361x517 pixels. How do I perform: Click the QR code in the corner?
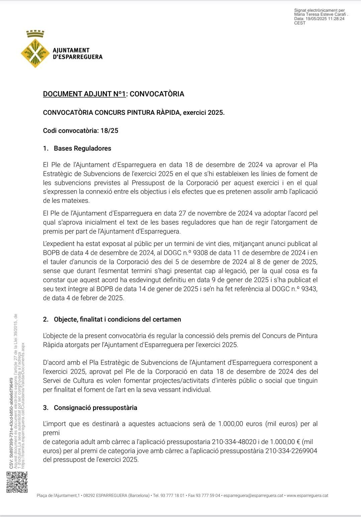coord(17,482)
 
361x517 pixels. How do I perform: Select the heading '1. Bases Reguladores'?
coord(77,148)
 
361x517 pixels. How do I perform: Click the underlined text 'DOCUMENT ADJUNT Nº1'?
coord(84,94)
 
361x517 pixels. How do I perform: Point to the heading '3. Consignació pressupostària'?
coord(90,408)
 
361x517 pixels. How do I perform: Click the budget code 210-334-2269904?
coord(291,451)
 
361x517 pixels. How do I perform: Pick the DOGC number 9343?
coord(309,289)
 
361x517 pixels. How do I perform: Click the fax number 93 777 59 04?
coord(209,495)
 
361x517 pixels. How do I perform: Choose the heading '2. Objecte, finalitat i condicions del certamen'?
coord(112,319)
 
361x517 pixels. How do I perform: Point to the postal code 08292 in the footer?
coord(89,495)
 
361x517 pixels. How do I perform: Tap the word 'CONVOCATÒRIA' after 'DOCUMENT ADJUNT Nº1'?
coord(157,94)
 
